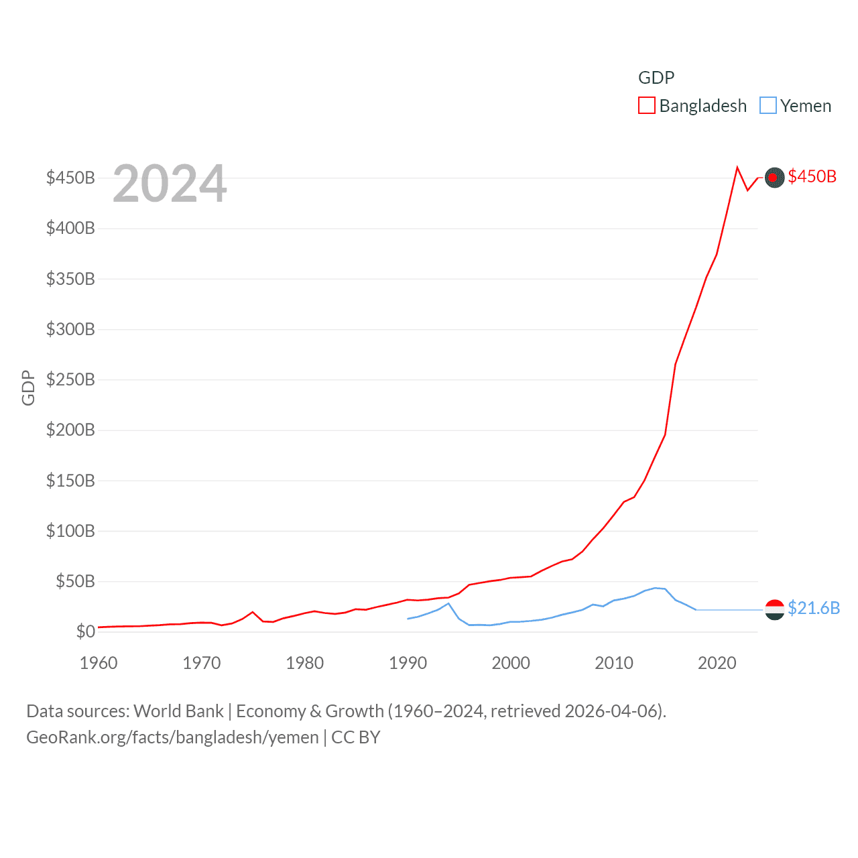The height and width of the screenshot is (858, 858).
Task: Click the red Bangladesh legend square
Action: tap(647, 106)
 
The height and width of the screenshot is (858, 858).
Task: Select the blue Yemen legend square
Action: tap(768, 106)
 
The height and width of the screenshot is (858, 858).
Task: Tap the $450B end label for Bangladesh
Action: tap(812, 176)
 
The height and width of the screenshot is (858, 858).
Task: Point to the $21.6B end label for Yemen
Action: tap(814, 608)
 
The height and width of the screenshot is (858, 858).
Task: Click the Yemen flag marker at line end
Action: tap(774, 609)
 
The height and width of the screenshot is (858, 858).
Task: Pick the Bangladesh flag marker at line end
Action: tap(774, 177)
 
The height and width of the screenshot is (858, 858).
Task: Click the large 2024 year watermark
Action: tap(170, 184)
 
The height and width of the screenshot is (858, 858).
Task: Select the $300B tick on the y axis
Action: tap(70, 329)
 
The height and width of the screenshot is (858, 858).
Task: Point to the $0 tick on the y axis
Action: tap(85, 631)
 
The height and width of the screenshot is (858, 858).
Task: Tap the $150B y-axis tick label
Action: tap(70, 481)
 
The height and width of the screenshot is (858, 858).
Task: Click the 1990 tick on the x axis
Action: tap(408, 663)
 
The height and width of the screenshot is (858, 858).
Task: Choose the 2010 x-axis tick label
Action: tap(614, 663)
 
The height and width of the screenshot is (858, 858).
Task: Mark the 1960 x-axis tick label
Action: tap(99, 663)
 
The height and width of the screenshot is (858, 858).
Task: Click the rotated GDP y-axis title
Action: tap(28, 387)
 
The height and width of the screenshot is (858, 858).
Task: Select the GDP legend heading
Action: tap(656, 78)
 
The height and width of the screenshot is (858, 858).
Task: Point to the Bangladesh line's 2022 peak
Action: tap(737, 168)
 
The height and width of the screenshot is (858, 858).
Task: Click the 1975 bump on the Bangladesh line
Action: tap(253, 612)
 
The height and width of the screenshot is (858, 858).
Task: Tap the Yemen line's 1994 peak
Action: tap(448, 603)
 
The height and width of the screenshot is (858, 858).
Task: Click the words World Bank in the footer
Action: tap(179, 711)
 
